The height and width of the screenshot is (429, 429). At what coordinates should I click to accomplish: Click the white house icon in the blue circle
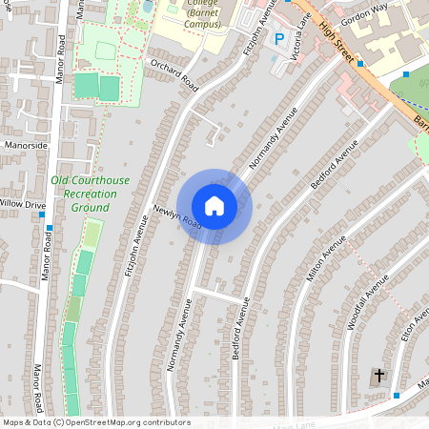[214, 205]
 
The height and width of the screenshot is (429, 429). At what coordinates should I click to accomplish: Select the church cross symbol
[378, 376]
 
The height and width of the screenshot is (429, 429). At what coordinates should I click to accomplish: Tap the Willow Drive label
[21, 204]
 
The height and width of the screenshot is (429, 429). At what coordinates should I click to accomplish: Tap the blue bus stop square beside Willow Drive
[42, 214]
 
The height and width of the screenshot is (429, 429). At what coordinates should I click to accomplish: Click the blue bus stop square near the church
[397, 394]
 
